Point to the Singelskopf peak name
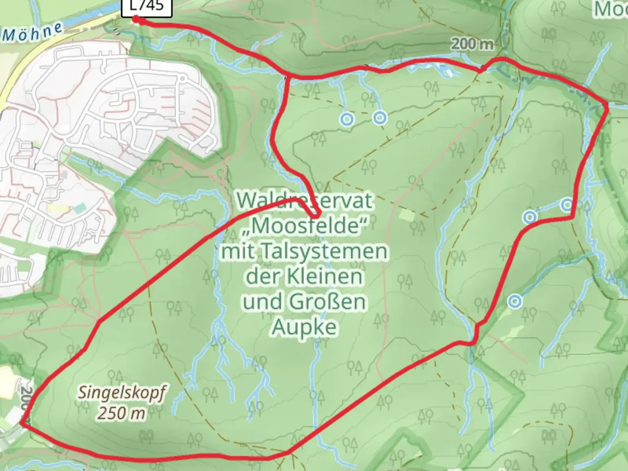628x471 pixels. coord(122,393)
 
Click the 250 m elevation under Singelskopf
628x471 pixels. coord(121,413)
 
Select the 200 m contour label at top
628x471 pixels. coord(472,44)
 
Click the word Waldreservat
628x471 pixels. coord(305,201)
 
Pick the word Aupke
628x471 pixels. coord(304,326)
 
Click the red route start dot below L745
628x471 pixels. coord(136,19)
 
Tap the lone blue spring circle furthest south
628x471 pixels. coord(515,301)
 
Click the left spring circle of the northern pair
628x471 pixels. coord(347,119)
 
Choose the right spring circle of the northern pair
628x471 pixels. coord(380,117)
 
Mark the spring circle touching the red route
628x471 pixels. coord(567,204)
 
